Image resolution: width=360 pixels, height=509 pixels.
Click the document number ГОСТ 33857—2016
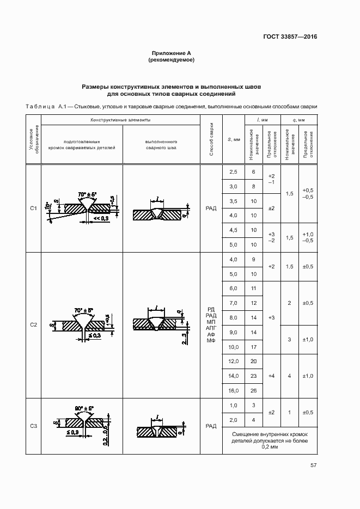click(x=289, y=36)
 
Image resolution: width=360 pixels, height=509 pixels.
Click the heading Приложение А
click(x=172, y=53)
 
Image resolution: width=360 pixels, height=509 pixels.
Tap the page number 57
click(x=313, y=465)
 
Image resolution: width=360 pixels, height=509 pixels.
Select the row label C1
click(x=33, y=208)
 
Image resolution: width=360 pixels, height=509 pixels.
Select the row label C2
click(x=33, y=325)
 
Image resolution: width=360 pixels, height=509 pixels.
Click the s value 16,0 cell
click(x=234, y=390)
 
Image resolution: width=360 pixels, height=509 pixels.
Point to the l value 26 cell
click(x=253, y=390)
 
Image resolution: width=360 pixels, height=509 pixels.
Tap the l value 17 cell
click(x=253, y=347)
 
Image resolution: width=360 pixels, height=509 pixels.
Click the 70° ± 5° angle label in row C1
click(x=87, y=194)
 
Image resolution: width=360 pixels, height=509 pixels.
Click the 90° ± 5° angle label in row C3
click(x=84, y=408)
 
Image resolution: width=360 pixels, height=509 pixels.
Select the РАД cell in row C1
click(x=212, y=208)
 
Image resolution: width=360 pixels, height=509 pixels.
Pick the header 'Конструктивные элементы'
click(x=120, y=119)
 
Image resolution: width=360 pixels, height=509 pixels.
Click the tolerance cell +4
click(x=271, y=376)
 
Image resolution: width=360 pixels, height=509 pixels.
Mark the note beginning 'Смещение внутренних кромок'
click(x=270, y=440)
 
